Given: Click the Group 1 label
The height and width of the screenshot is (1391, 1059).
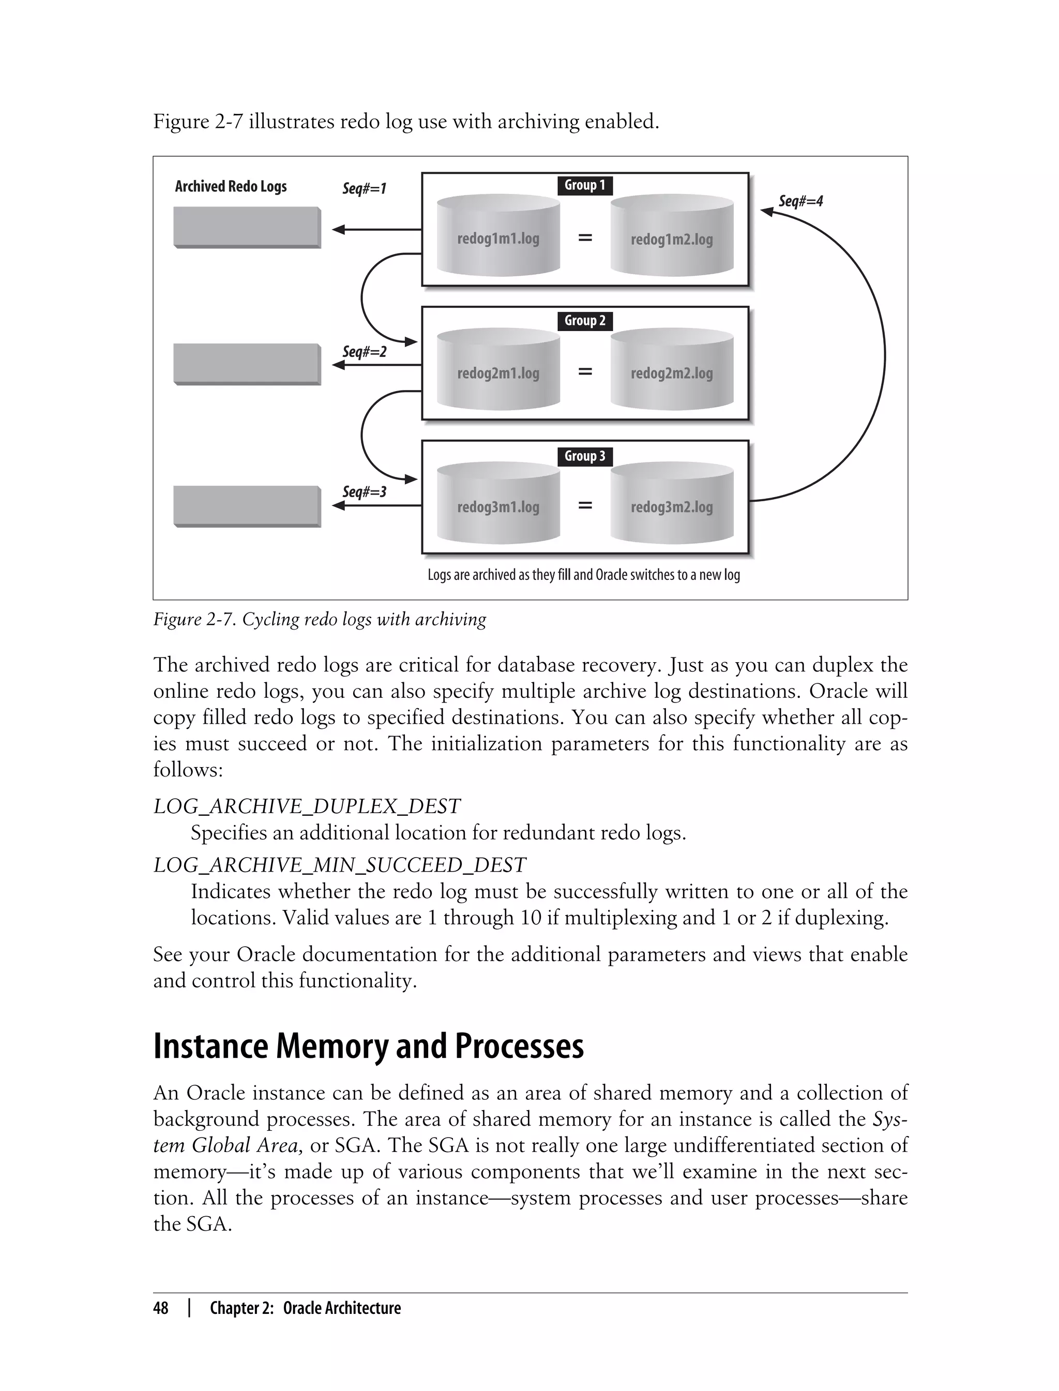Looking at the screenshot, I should tap(584, 185).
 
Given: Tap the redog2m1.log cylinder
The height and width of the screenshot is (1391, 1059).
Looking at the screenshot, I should tap(498, 371).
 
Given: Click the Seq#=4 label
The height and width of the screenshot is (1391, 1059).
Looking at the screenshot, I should tap(800, 201).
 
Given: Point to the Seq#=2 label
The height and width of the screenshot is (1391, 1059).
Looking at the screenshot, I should tap(365, 351).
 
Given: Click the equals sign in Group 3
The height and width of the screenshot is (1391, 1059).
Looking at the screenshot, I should tap(585, 505).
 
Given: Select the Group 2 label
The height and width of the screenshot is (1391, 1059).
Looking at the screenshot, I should tap(584, 321).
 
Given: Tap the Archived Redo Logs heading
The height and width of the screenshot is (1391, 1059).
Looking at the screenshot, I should tap(231, 187).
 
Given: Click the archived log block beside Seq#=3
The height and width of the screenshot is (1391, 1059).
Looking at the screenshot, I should tap(247, 506).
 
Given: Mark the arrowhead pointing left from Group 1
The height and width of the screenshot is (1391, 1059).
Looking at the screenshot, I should tap(339, 230).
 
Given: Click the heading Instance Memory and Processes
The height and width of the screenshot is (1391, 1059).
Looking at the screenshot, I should tap(369, 1045).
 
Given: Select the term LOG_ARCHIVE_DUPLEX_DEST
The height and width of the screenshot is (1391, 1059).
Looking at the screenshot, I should tap(307, 806).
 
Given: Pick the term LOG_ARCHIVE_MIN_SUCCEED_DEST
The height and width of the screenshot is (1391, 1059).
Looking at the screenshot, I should tap(339, 864).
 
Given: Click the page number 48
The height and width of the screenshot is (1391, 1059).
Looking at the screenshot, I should tap(161, 1308).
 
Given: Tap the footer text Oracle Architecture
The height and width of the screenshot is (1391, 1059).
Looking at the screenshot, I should tap(342, 1308).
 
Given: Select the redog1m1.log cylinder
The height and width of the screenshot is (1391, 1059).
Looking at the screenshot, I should tap(498, 236).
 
